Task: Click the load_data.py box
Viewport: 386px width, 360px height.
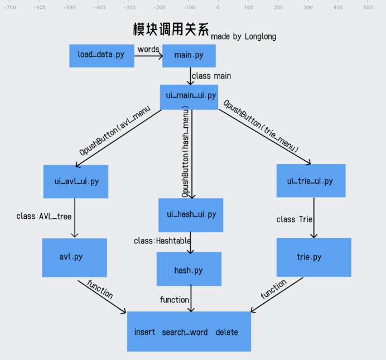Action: [102, 55]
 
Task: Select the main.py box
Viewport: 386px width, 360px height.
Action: [189, 55]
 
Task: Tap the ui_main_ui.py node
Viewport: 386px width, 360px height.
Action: [189, 96]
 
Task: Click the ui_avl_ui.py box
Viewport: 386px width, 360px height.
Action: [76, 181]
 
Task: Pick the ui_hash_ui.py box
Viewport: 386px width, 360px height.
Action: [191, 215]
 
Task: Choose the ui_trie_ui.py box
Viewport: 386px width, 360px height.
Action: [310, 181]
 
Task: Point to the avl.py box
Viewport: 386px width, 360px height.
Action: [74, 257]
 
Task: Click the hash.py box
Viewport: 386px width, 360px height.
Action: [189, 270]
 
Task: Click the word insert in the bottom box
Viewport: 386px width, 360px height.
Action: [144, 332]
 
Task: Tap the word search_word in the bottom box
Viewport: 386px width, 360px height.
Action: [185, 332]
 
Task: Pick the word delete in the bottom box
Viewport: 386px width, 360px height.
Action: [226, 332]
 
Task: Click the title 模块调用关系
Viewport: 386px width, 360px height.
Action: [171, 30]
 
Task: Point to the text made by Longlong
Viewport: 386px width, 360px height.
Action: [243, 36]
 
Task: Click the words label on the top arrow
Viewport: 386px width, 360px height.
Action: [148, 49]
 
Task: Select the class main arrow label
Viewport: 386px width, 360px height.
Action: [211, 75]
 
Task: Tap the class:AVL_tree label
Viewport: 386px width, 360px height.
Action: [44, 216]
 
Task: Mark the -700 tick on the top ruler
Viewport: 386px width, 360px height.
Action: [9, 7]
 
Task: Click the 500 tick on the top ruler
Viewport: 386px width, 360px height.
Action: [368, 7]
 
